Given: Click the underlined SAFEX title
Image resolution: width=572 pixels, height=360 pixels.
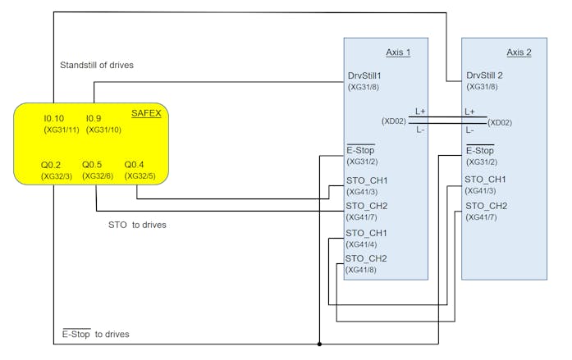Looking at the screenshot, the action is point(146,113).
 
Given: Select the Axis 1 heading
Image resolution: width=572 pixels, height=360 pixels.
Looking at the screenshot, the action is point(398,52).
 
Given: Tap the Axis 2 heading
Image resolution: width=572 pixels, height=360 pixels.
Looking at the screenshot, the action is point(519,52).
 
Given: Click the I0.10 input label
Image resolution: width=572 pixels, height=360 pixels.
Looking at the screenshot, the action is point(53,118).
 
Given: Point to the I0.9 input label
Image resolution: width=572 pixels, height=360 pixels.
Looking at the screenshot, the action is point(94,118).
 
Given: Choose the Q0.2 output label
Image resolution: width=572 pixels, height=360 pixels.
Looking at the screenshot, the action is point(51,165).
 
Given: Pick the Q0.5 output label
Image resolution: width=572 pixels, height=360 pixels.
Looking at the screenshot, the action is point(92,165).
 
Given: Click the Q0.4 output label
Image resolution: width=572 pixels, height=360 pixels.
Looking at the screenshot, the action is point(134,165).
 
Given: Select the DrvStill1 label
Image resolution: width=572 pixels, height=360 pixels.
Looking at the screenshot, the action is point(364,75).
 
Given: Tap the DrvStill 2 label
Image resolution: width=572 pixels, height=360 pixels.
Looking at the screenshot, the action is point(484,75).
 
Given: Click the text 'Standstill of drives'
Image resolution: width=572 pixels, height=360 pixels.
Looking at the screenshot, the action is point(97,66).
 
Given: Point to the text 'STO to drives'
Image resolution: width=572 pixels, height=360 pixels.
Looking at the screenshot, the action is point(137,225).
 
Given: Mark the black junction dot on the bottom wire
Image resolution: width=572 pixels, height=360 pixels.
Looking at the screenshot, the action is point(319,344).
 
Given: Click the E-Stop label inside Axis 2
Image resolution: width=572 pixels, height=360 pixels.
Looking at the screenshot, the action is point(480,151).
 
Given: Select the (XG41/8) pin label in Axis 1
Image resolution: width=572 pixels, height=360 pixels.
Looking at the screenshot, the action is point(361,270).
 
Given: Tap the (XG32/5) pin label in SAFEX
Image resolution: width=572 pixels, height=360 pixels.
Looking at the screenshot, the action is point(140,176).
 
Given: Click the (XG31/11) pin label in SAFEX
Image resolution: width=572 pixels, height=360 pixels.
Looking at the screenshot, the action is point(62,130).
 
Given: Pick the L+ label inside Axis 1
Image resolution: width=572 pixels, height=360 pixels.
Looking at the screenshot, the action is point(420,112).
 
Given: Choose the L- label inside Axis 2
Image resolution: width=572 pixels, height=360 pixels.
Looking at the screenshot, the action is point(469,130).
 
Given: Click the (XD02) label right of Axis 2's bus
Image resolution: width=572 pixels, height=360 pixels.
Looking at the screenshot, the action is point(500,123).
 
